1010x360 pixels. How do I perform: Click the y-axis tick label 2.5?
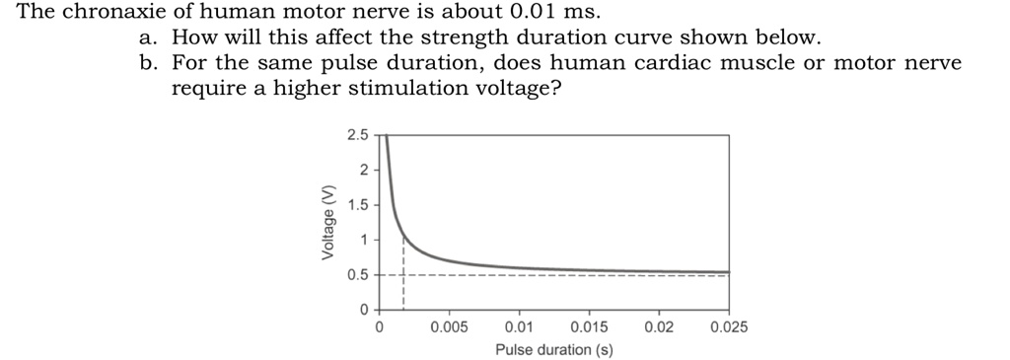tap(358, 135)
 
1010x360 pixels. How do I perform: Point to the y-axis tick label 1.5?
tap(358, 205)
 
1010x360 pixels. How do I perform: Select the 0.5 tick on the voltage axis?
tap(358, 275)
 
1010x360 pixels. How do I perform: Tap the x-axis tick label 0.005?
tap(449, 326)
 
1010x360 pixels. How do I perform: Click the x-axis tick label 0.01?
tap(519, 326)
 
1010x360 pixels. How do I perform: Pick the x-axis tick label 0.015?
tap(589, 326)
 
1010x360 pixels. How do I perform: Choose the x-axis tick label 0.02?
tap(659, 326)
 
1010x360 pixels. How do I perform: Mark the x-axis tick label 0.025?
tap(729, 326)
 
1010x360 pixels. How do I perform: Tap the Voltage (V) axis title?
tap(327, 224)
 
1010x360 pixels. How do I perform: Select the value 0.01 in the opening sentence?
tap(536, 13)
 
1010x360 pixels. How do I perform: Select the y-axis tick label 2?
tap(363, 171)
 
